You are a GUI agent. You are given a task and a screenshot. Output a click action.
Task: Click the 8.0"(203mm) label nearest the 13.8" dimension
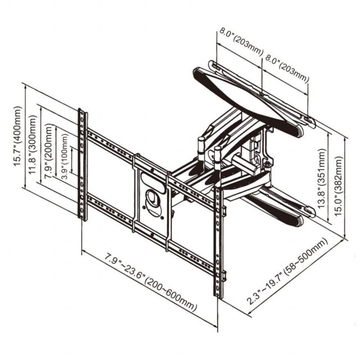[x=287, y=67]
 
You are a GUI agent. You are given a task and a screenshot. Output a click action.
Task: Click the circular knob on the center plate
[x=153, y=199]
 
